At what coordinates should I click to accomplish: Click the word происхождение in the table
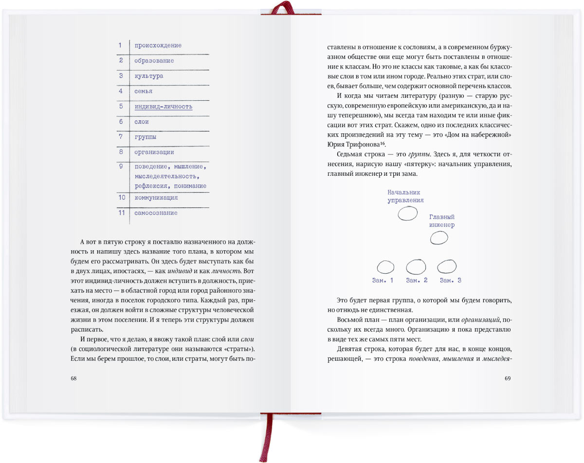pyautogui.click(x=158, y=45)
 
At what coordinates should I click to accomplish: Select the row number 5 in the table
pyautogui.click(x=121, y=106)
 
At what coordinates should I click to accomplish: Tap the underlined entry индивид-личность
pyautogui.click(x=163, y=106)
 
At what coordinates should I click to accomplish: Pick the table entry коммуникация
pyautogui.click(x=156, y=198)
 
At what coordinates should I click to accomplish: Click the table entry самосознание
pyautogui.click(x=156, y=213)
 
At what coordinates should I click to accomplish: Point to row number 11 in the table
pyautogui.click(x=121, y=213)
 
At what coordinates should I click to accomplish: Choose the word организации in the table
pyautogui.click(x=154, y=152)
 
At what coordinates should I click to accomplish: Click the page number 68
pyautogui.click(x=74, y=378)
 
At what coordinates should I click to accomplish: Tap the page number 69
pyautogui.click(x=508, y=378)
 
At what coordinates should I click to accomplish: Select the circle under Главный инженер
pyautogui.click(x=439, y=238)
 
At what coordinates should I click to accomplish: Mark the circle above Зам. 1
pyautogui.click(x=385, y=267)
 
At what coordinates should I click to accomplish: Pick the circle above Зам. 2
pyautogui.click(x=416, y=267)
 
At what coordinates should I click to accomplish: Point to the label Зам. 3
pyautogui.click(x=450, y=280)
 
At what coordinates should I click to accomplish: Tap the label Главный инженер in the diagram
pyautogui.click(x=441, y=221)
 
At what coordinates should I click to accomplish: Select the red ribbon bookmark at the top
pyautogui.click(x=282, y=7)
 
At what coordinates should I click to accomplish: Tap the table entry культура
pyautogui.click(x=148, y=76)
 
